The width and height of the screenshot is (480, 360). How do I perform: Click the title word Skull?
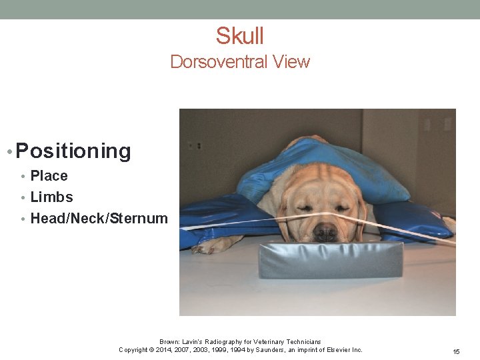(240, 35)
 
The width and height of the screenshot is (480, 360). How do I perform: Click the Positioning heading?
(73, 151)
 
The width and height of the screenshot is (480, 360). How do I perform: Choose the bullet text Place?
(49, 176)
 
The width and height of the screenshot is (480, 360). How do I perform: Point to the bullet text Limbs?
(52, 197)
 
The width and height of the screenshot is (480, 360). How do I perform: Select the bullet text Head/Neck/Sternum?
(99, 218)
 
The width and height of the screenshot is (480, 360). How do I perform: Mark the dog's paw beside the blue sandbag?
(208, 245)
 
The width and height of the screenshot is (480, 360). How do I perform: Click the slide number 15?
(457, 351)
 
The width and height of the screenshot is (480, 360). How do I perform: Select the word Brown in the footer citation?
(169, 342)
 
